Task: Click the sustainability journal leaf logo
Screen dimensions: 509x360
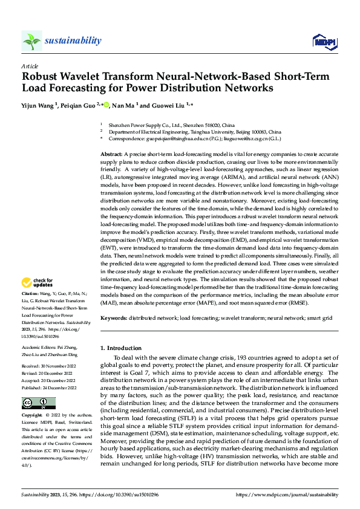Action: pos(31,41)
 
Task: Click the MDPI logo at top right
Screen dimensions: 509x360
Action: pos(324,41)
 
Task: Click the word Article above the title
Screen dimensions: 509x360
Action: pos(30,66)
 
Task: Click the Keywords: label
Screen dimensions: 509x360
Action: pos(114,317)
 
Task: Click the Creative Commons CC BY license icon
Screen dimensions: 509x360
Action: pos(38,403)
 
